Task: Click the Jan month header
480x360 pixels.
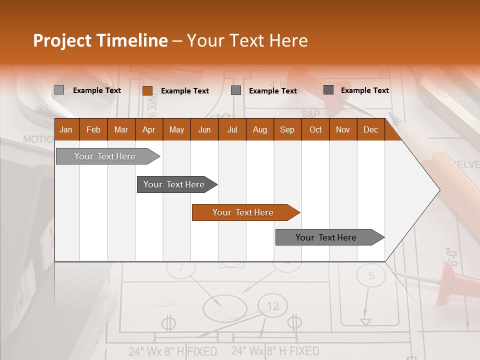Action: tap(66, 129)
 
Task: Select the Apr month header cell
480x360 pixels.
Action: tap(149, 129)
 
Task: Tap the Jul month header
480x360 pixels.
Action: tap(232, 129)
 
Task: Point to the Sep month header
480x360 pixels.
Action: tap(287, 129)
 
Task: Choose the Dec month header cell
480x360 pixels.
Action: tap(370, 129)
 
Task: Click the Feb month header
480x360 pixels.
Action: tap(93, 129)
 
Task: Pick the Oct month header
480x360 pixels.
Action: tap(315, 129)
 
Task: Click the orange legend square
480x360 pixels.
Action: tap(147, 90)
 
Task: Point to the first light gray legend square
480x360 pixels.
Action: tap(59, 90)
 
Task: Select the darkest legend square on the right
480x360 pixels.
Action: tap(328, 90)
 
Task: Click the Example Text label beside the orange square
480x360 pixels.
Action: tap(185, 91)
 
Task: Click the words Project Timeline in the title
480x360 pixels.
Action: tap(100, 40)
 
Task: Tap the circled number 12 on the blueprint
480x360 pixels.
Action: tap(273, 306)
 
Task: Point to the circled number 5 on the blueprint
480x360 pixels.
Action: tap(371, 276)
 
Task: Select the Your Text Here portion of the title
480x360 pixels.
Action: tap(247, 40)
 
